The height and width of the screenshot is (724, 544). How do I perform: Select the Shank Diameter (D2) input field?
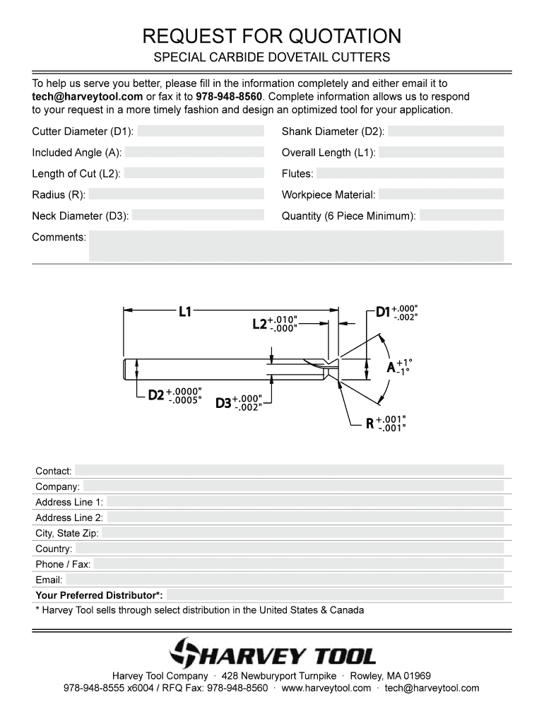[x=446, y=132]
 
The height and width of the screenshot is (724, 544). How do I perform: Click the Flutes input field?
[x=410, y=174]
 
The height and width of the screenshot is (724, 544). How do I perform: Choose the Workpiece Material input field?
[x=442, y=195]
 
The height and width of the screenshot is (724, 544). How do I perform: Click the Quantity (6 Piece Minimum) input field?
[x=461, y=216]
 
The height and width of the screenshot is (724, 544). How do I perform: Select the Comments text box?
[x=295, y=245]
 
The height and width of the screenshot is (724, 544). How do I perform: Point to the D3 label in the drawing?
[x=223, y=403]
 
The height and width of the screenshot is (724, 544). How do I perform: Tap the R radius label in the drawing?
[x=369, y=424]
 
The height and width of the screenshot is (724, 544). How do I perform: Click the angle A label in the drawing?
[x=391, y=368]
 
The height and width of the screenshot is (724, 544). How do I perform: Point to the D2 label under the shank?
[x=155, y=395]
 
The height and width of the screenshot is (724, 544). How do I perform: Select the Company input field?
[x=293, y=486]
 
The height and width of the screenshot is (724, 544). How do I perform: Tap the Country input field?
[x=290, y=549]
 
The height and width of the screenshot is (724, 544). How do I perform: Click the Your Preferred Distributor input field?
[x=336, y=595]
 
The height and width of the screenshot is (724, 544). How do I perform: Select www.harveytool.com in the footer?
[x=326, y=688]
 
